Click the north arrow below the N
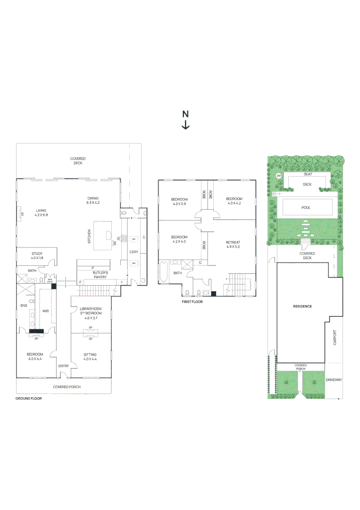coord(186,125)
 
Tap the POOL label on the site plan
coord(306,207)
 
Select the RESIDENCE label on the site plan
coord(302,306)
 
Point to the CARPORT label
coord(335,338)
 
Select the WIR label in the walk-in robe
coord(46,311)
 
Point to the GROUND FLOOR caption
coord(29,399)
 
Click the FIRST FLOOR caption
coord(193,301)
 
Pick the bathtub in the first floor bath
coord(163,272)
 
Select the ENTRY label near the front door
coord(64,366)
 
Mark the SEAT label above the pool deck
coord(308,175)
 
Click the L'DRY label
coord(134,252)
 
